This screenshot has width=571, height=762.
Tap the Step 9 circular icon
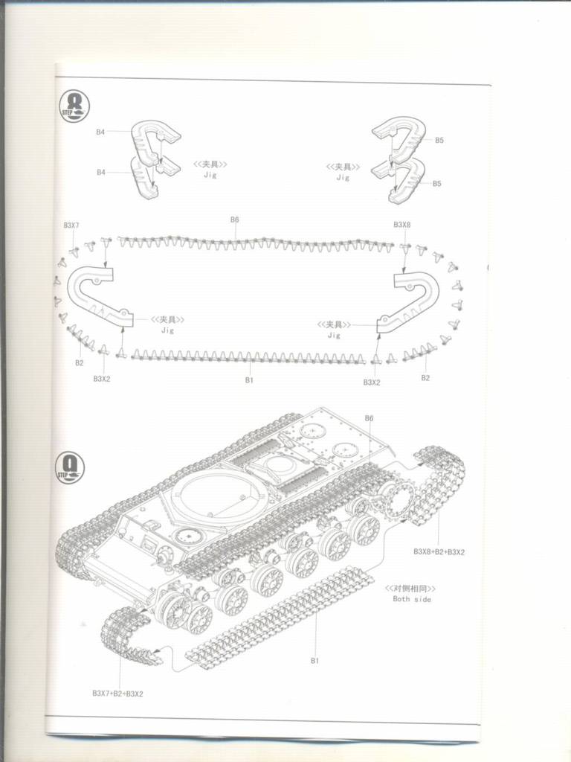71,467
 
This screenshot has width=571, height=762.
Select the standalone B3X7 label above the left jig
71,225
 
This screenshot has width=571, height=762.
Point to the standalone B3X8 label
401,225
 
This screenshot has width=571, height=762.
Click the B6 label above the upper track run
234,220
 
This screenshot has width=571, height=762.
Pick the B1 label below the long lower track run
250,381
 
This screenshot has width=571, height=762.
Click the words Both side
412,599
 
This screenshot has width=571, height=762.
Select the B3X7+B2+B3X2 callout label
117,694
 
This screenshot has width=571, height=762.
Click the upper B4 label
100,132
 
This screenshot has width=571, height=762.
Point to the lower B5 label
437,184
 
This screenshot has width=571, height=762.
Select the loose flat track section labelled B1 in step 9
279,617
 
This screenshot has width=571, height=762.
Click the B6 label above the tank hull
370,418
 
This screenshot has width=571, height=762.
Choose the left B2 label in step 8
79,362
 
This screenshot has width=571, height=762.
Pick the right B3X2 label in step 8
372,382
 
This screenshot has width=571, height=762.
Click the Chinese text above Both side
410,588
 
